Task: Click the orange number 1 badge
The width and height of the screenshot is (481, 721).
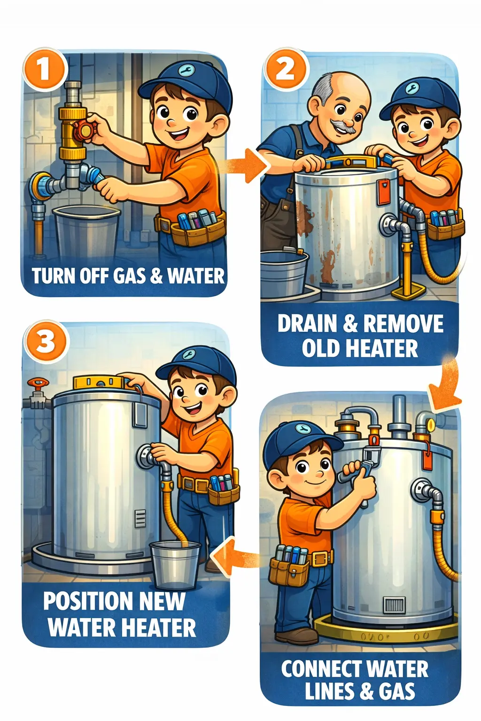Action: (43, 70)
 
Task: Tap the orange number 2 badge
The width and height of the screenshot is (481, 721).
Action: (285, 69)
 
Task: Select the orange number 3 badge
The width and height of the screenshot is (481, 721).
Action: (46, 342)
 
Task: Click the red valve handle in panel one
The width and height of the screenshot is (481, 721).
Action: (85, 129)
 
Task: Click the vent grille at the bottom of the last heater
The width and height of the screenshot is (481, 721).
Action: (394, 605)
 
